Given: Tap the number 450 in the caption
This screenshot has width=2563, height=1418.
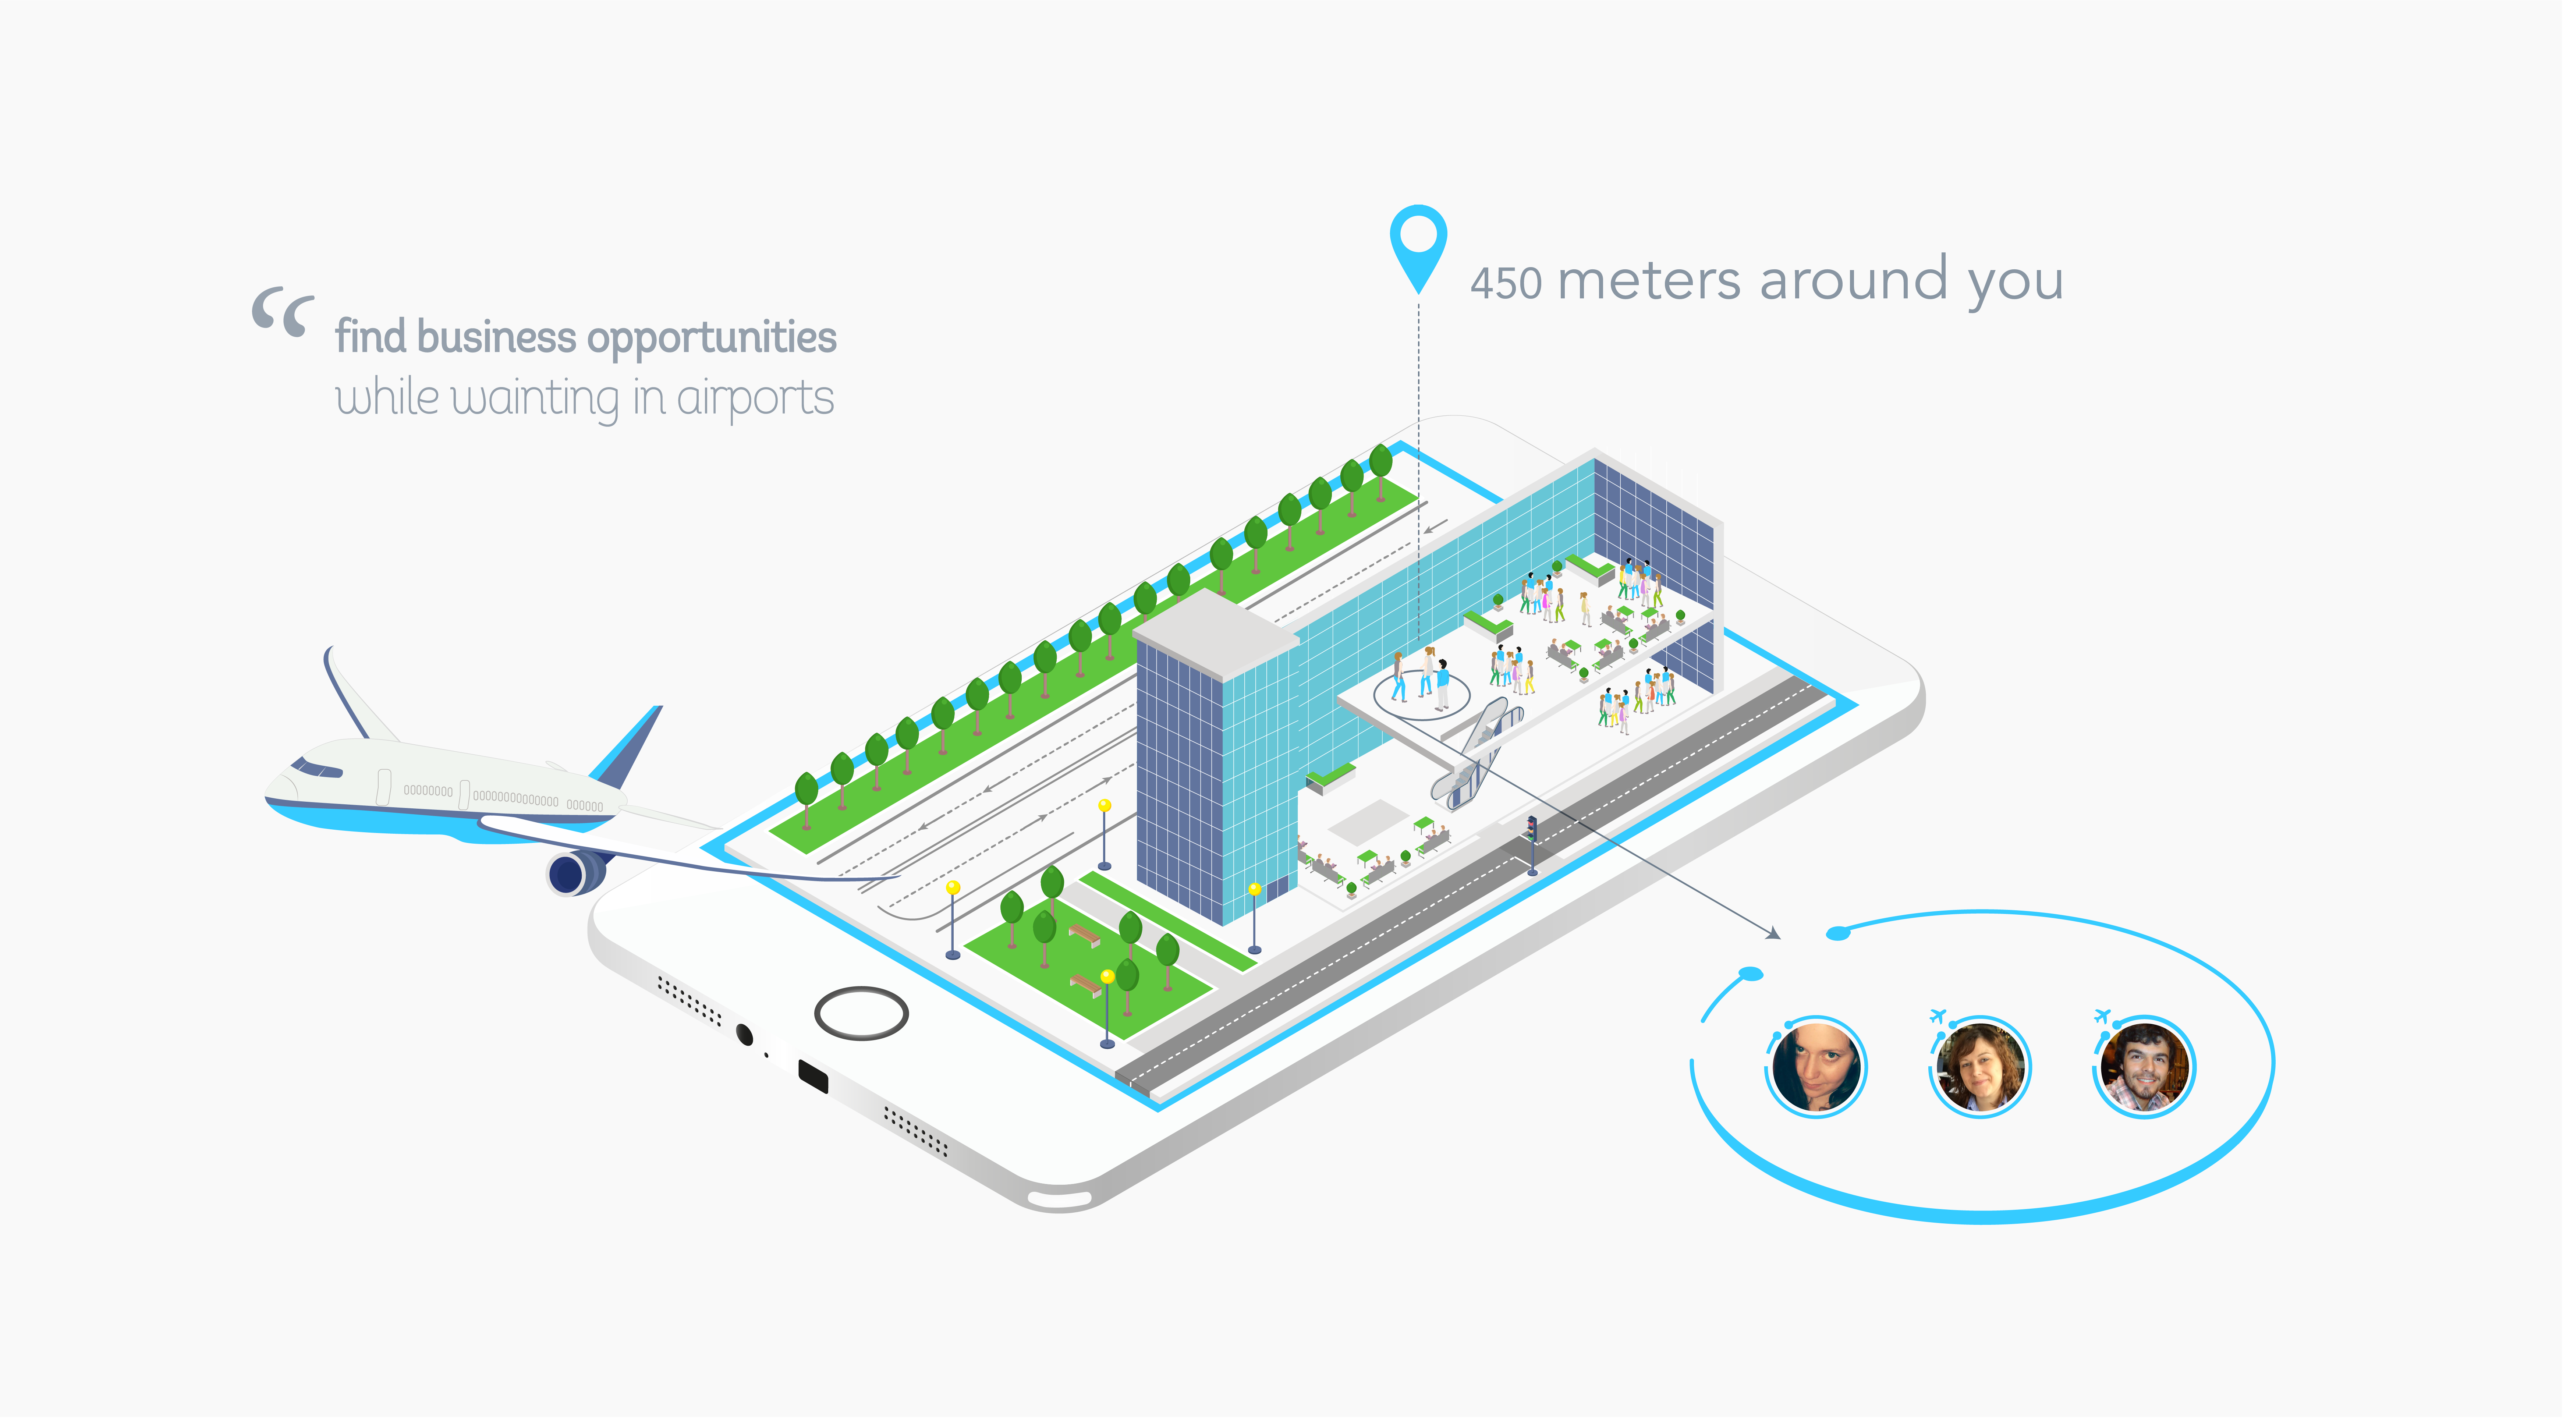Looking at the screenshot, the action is pyautogui.click(x=1506, y=284).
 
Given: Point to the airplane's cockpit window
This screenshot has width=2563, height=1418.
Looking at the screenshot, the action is pyautogui.click(x=316, y=768).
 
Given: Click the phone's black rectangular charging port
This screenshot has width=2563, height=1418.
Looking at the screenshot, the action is pyautogui.click(x=813, y=1076).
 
